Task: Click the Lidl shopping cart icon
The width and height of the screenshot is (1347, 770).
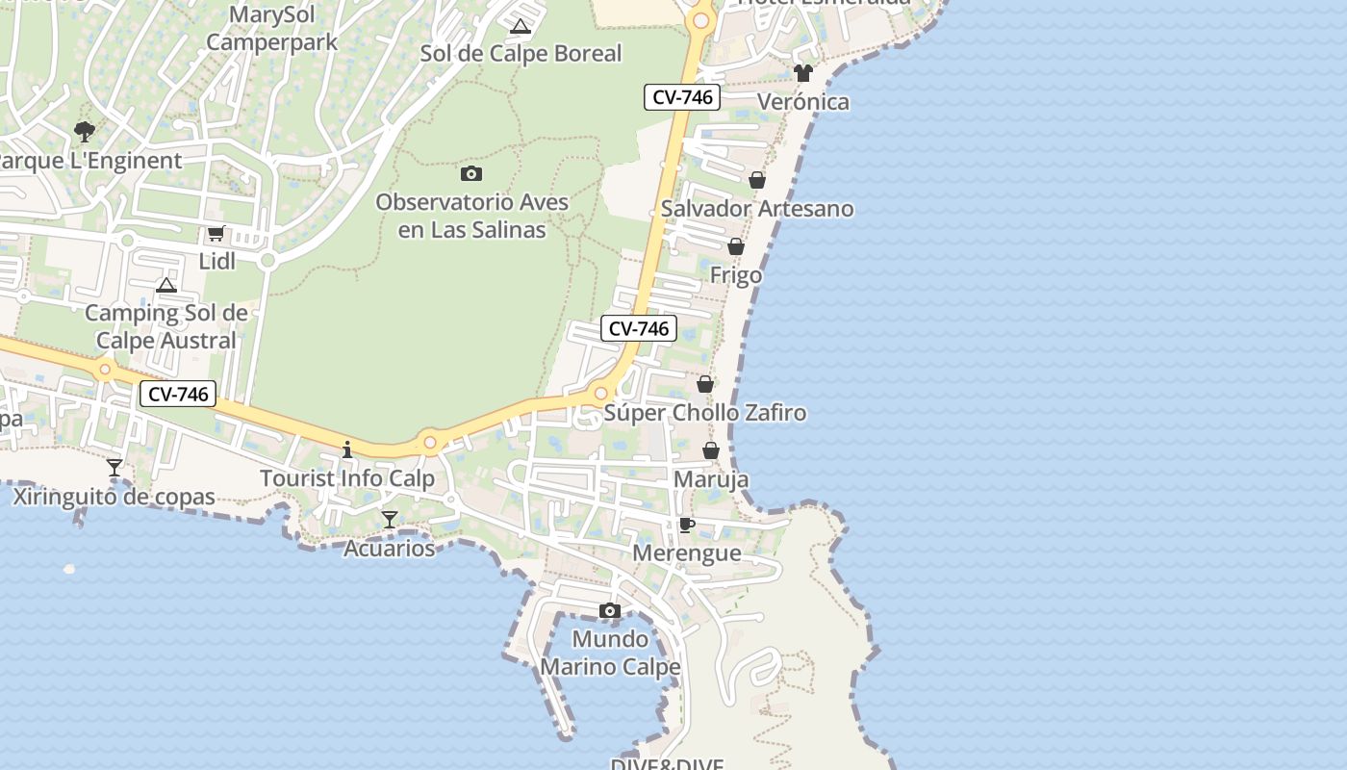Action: click(x=216, y=233)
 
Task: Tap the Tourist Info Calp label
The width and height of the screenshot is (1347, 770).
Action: click(x=347, y=478)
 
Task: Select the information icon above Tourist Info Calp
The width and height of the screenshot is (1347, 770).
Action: click(x=347, y=449)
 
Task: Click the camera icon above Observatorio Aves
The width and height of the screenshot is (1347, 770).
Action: click(x=471, y=174)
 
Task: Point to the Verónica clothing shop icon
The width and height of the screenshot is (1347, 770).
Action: click(x=803, y=73)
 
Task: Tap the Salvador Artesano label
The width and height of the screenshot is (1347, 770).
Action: click(x=757, y=209)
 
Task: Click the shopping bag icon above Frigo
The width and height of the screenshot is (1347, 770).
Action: click(x=736, y=247)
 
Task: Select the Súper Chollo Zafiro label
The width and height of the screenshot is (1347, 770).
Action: click(x=705, y=413)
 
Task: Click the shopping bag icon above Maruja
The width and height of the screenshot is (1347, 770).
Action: click(x=711, y=450)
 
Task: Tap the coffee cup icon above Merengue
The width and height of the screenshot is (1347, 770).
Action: click(x=686, y=525)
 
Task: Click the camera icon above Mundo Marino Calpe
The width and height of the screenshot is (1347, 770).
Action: click(x=610, y=610)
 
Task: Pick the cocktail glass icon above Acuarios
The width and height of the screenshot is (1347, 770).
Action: click(x=390, y=520)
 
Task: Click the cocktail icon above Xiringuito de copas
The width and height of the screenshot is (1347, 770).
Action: click(x=114, y=468)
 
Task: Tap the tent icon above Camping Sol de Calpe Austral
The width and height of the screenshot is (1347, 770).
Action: click(x=166, y=285)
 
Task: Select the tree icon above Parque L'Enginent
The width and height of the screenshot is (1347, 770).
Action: click(x=85, y=132)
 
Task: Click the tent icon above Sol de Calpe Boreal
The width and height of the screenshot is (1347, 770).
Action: click(x=521, y=26)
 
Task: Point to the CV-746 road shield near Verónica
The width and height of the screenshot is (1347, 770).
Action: click(x=682, y=97)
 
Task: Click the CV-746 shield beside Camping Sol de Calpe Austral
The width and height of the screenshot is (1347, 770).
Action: click(x=178, y=394)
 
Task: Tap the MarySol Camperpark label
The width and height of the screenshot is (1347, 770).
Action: click(x=272, y=29)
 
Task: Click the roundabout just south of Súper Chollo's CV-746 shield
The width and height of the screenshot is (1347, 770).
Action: click(x=601, y=393)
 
